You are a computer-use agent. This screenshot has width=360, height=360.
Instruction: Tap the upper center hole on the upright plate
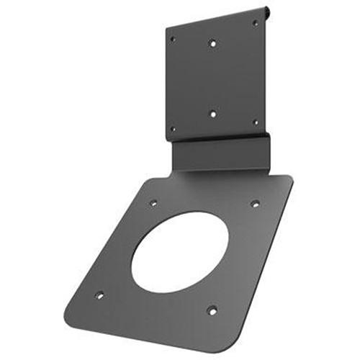click(212, 42)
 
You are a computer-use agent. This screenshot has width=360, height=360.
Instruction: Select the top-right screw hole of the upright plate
click(255, 23)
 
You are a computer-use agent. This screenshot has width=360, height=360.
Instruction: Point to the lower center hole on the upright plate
click(212, 113)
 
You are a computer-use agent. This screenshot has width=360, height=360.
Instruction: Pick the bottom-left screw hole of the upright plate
click(172, 130)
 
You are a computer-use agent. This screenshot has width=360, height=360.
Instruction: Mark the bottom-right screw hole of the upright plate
click(255, 122)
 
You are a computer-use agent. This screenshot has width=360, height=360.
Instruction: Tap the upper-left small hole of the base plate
click(153, 203)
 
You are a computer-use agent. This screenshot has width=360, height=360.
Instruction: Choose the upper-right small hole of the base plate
click(254, 203)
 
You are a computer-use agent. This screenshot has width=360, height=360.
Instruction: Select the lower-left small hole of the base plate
click(99, 295)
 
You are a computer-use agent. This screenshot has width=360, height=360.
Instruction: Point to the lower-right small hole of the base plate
click(212, 310)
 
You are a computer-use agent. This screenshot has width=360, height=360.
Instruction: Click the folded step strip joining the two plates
click(219, 153)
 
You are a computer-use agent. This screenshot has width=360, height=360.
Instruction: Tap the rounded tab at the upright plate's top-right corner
click(267, 12)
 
